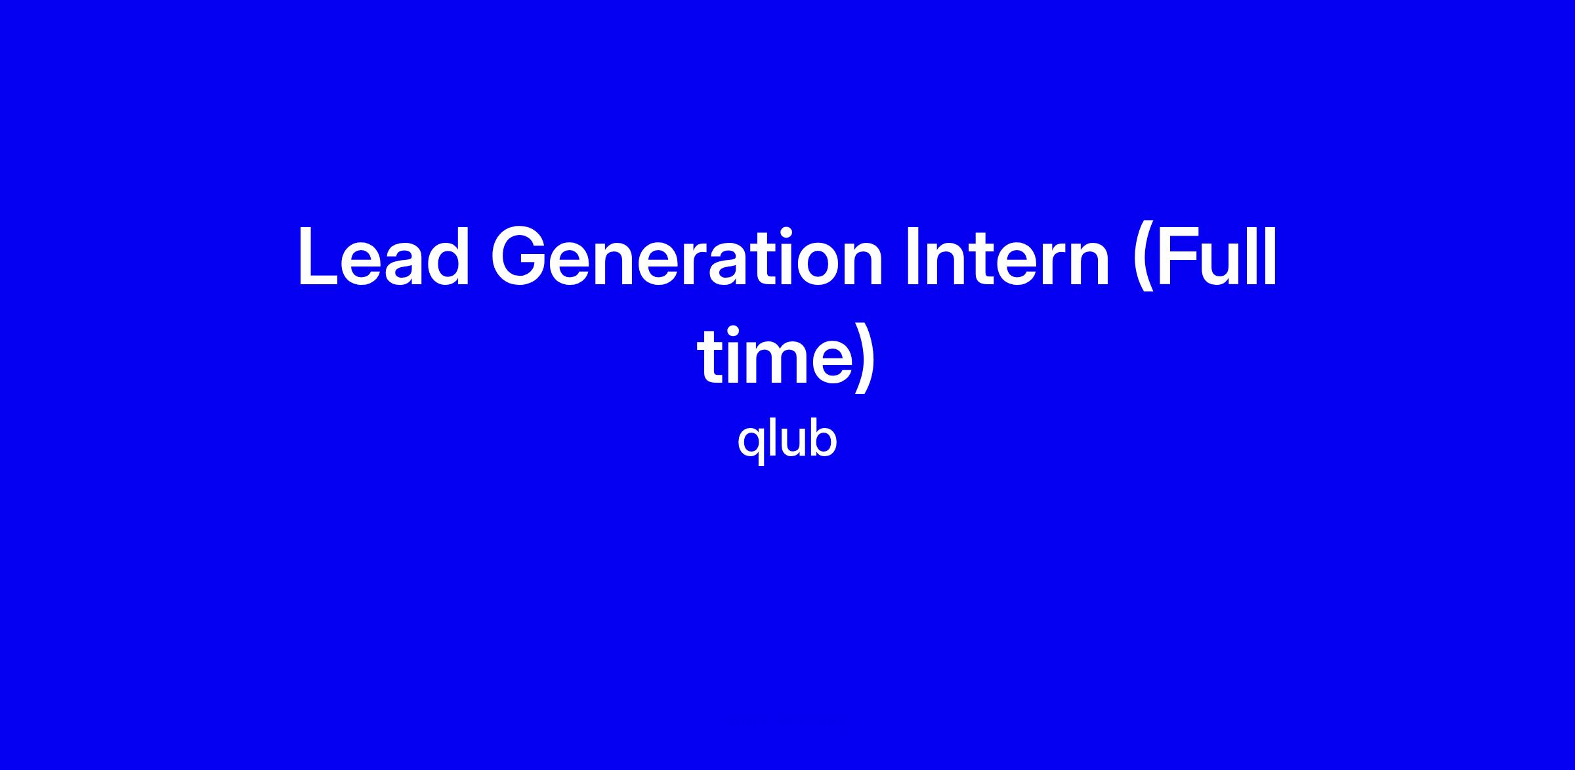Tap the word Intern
click(x=1007, y=257)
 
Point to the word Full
click(x=1216, y=257)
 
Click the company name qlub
click(x=787, y=439)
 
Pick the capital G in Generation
click(x=521, y=257)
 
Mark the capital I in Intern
click(x=913, y=257)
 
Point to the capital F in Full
click(x=1179, y=257)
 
